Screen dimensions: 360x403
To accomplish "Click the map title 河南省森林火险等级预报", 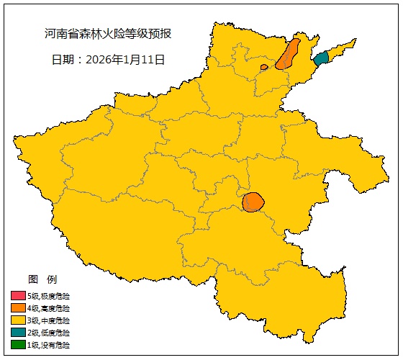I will [x=108, y=34].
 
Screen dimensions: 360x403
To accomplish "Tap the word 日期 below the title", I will [x=63, y=59].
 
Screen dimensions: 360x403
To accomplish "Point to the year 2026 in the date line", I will [x=99, y=59].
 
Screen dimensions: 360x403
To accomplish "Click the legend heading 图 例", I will [x=42, y=279].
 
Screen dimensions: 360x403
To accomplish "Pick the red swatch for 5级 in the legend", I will [x=17, y=296].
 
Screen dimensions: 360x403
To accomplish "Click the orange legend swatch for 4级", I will [x=17, y=308].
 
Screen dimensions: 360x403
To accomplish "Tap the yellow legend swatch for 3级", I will [x=17, y=320].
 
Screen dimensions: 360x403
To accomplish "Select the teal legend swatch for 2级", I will [x=17, y=333].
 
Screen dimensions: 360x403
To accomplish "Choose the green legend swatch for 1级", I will [x=17, y=345].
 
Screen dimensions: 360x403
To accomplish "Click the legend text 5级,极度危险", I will [x=49, y=296].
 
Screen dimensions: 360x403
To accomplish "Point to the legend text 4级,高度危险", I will [x=49, y=308].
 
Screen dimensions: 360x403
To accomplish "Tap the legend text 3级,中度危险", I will [x=49, y=320].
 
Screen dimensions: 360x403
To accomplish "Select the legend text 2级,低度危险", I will [x=49, y=333].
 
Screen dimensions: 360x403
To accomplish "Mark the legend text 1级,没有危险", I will [x=49, y=345].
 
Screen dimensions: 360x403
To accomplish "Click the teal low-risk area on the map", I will [x=321, y=58].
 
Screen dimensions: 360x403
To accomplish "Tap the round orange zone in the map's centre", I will [x=253, y=202].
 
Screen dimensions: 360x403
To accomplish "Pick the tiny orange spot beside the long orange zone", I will [x=264, y=67].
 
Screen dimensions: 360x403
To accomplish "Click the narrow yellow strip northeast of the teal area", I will [x=343, y=48].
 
